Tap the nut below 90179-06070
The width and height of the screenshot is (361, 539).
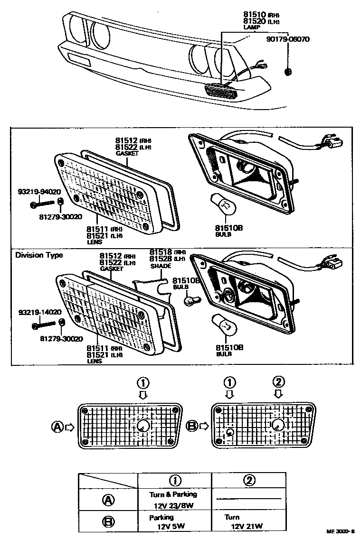pos(287,72)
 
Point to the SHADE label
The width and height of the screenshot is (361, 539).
pos(161,266)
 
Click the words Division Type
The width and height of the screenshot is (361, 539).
pos(39,255)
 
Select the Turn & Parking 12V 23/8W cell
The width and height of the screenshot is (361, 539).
pos(174,500)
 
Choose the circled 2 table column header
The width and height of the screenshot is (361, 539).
pos(248,480)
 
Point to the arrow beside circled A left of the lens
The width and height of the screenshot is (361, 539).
pos(70,427)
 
